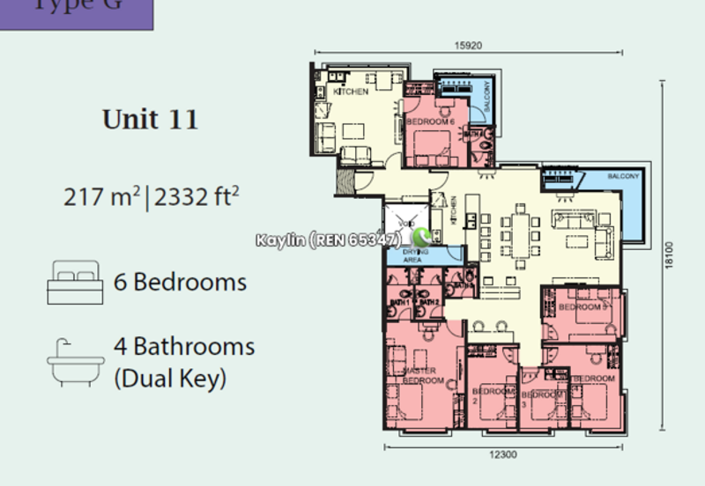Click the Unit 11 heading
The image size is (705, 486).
point(150,119)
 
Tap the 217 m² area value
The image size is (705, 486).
point(101,196)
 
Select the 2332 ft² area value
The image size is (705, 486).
point(197,196)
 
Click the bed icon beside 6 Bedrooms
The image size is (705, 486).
point(75,282)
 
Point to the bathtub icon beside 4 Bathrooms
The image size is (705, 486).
point(75,361)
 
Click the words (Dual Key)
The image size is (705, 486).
point(170,379)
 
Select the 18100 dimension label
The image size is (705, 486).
point(672,254)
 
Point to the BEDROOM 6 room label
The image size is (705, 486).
point(430,121)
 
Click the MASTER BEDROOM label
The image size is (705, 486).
point(422,376)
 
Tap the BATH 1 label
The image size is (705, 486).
point(401,303)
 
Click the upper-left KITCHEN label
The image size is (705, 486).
point(350,92)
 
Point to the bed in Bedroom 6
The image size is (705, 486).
point(432,145)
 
